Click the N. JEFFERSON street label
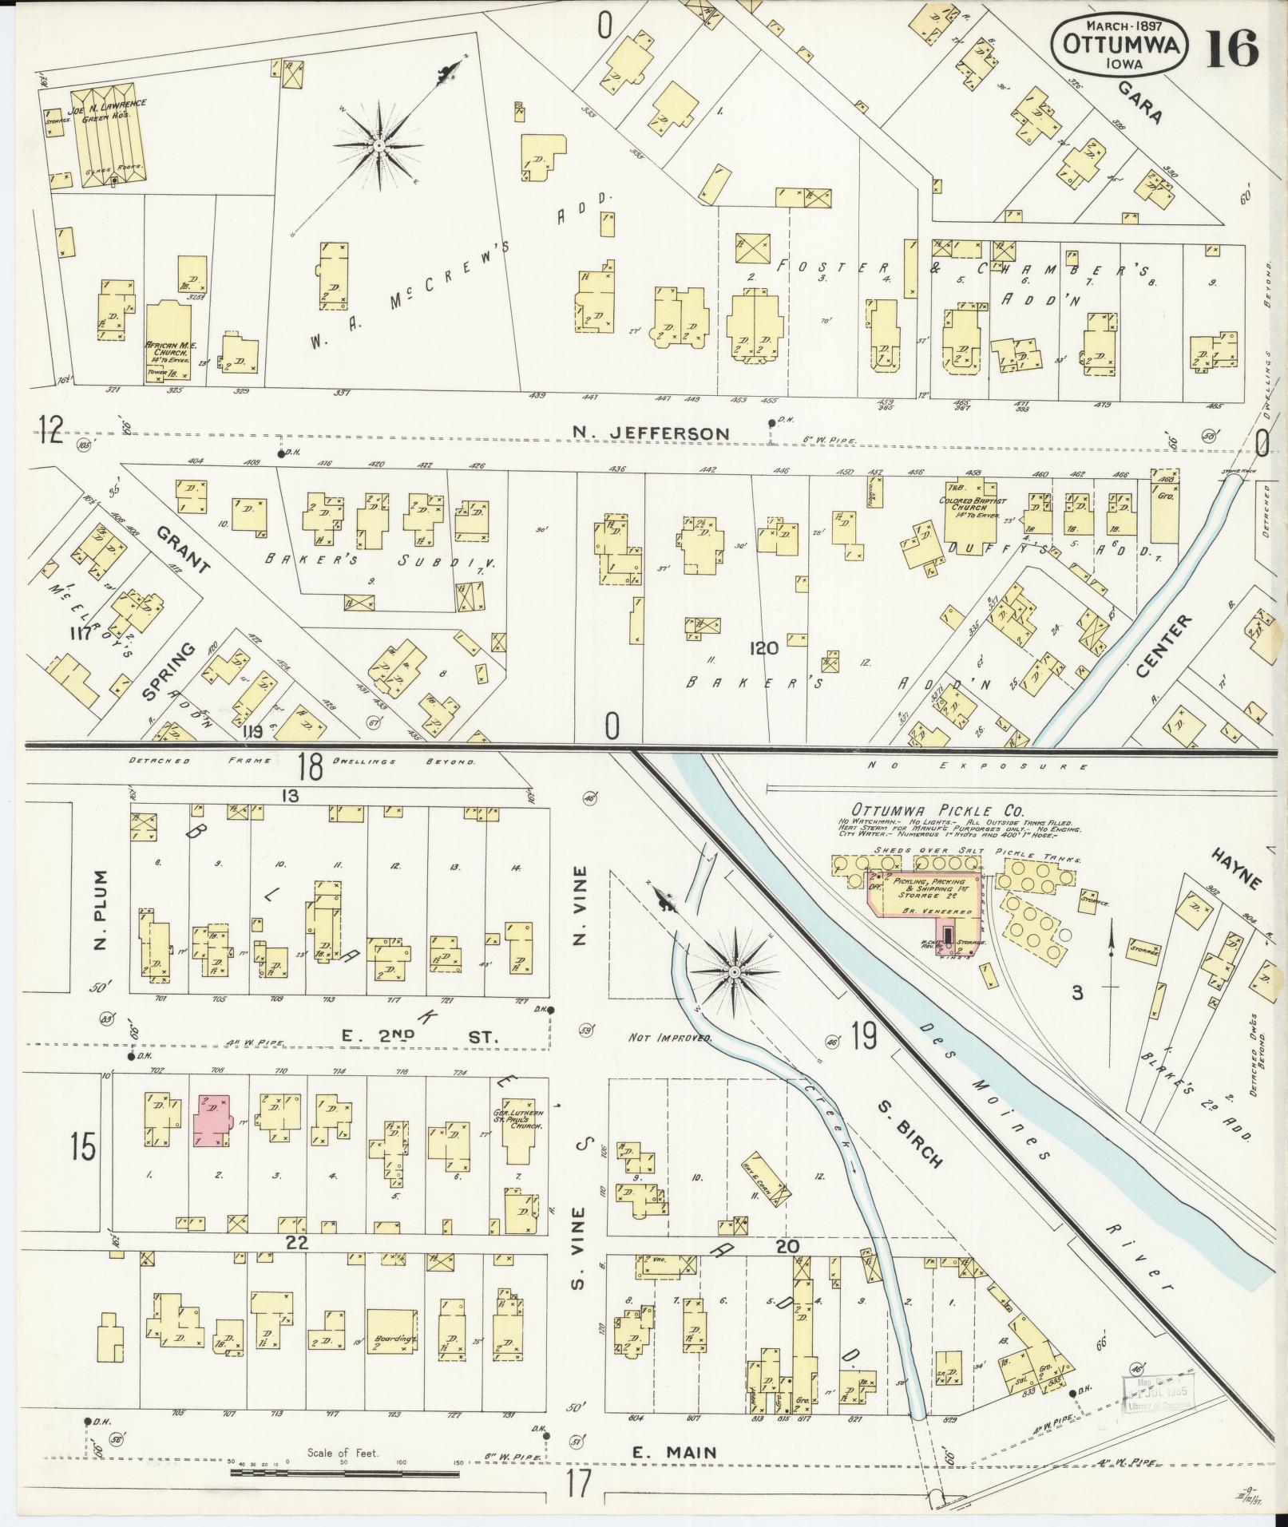coord(651,433)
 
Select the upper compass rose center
coord(377,146)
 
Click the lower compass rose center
coord(734,972)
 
